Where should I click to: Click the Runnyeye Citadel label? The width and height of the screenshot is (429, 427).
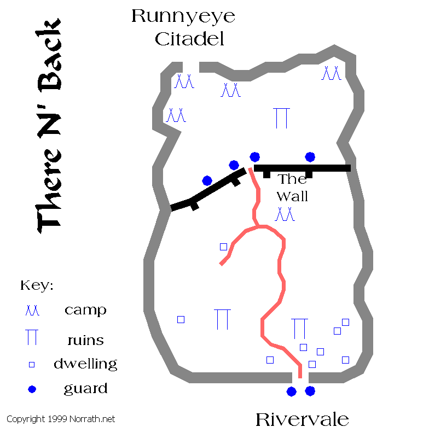183,27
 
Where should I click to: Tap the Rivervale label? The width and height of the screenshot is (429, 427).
302,419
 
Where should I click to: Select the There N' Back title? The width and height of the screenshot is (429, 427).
49,126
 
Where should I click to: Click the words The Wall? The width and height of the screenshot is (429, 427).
292,188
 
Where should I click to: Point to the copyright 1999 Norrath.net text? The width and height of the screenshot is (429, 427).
61,419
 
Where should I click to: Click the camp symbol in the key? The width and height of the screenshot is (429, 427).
32,311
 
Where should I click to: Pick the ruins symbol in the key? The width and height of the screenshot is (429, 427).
32,337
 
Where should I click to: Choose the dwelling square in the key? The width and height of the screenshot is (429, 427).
32,364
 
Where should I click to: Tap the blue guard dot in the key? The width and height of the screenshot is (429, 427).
32,389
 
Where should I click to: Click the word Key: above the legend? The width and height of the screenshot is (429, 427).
37,285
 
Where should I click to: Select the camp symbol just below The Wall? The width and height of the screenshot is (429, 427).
285,214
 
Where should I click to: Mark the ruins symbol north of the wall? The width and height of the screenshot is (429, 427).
281,118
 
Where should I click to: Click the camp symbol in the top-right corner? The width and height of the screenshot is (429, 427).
332,73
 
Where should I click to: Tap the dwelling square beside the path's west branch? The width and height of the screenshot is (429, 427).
223,247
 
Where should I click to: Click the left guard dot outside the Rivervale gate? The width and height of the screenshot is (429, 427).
291,391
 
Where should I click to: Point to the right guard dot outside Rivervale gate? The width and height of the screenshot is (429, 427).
310,391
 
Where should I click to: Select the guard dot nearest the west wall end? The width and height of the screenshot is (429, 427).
207,180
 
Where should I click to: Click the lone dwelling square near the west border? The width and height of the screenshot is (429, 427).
181,319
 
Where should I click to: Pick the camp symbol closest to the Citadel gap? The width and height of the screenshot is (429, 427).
184,81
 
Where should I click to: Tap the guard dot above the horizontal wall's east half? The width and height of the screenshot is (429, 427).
310,157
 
